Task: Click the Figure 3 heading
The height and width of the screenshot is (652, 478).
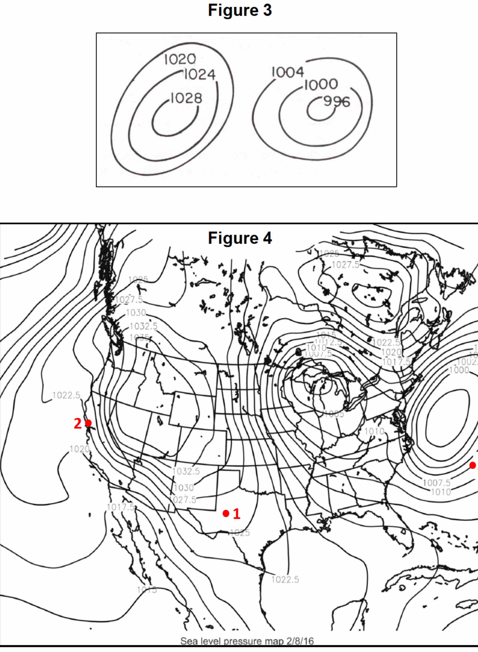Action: point(240,10)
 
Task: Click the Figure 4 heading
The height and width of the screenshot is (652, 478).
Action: point(240,238)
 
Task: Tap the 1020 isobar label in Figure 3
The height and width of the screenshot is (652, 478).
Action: point(180,60)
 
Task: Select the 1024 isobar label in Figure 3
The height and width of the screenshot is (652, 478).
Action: point(200,74)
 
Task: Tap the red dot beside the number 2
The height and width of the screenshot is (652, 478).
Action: point(88,423)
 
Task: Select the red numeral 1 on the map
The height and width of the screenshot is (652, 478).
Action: point(237,514)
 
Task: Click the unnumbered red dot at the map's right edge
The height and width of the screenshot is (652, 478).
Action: point(473,465)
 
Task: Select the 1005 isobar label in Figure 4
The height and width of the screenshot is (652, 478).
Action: point(334,414)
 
